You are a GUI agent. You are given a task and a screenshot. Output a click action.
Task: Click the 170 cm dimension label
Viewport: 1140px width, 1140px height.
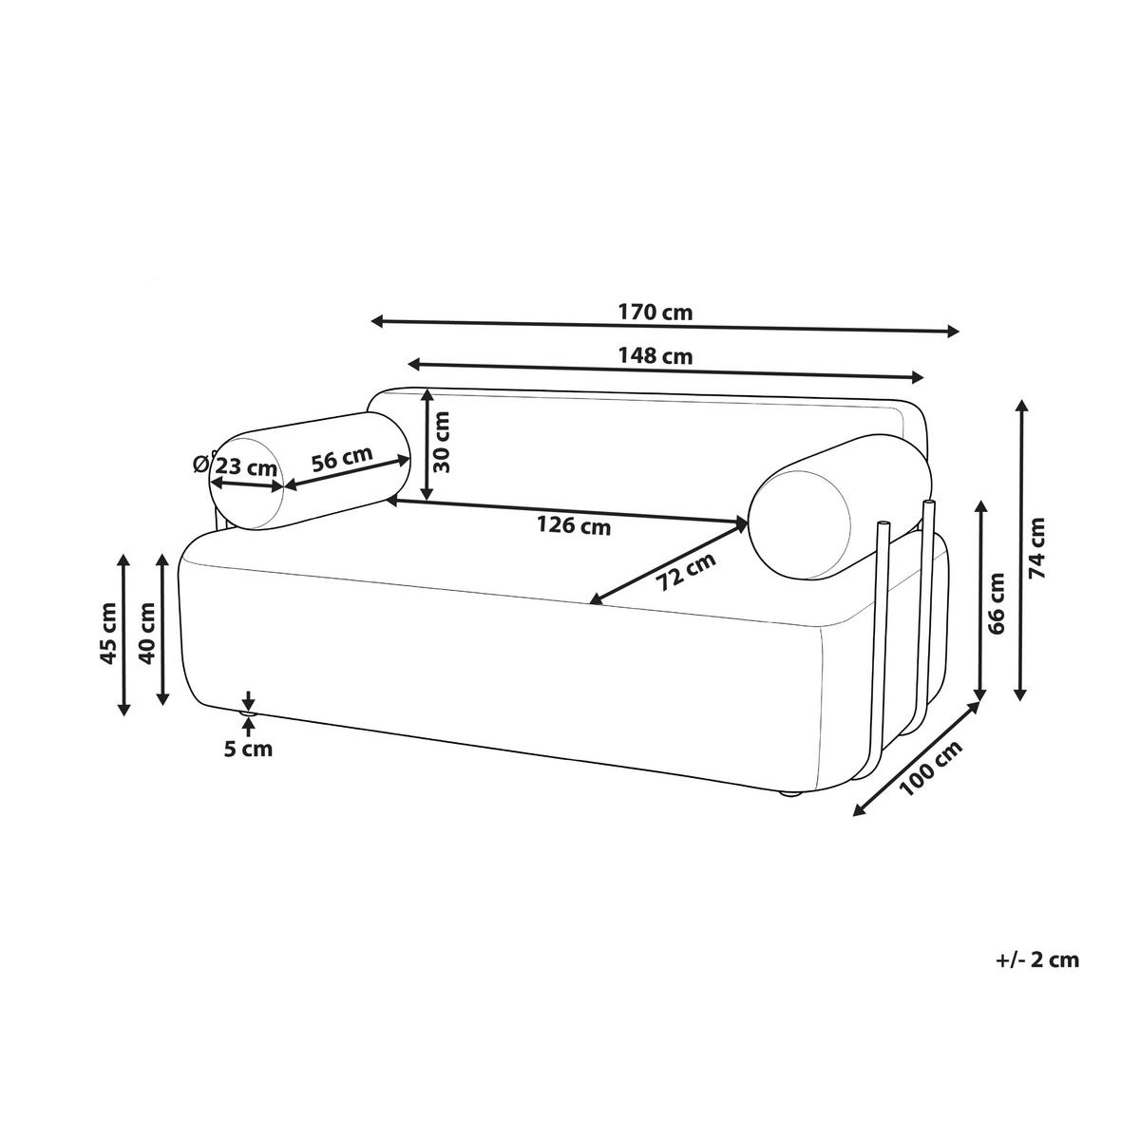(655, 312)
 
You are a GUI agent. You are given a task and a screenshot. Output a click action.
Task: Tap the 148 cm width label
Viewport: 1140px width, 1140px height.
(655, 356)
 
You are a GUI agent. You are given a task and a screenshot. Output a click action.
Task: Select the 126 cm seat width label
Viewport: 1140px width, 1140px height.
(573, 525)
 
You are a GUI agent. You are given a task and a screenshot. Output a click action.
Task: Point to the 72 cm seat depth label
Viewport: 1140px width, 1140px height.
(686, 572)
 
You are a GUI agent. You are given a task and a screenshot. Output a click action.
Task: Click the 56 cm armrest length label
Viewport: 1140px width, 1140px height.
(342, 458)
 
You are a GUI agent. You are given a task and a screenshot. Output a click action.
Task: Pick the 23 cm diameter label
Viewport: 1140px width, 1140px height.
(245, 466)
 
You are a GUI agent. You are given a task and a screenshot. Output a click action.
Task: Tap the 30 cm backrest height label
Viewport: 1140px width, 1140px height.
(442, 442)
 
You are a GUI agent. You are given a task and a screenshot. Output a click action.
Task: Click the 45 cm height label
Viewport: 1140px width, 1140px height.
(109, 633)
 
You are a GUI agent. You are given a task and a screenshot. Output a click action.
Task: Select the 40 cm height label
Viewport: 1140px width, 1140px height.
(147, 633)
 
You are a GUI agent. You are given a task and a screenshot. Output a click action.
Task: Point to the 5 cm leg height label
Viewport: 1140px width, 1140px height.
(248, 750)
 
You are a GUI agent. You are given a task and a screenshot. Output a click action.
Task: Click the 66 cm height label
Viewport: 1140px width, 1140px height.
(997, 603)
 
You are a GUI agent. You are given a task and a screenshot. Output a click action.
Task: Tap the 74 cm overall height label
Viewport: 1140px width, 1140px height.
(1036, 548)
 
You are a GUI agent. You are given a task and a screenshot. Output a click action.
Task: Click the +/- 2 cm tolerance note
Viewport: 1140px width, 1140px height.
(1037, 959)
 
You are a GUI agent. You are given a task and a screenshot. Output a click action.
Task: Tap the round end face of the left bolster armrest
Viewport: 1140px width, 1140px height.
(246, 484)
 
